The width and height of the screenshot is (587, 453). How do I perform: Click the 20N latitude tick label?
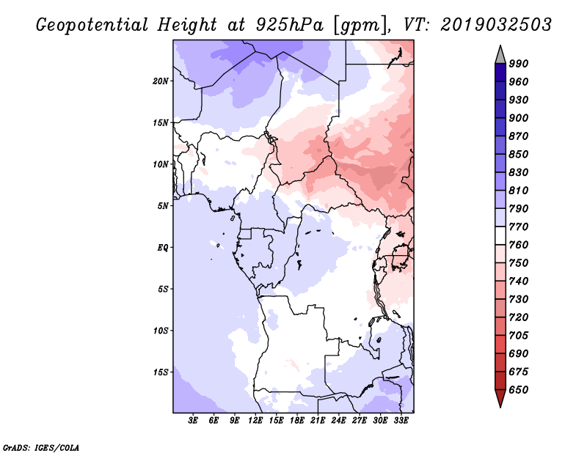tap(161, 81)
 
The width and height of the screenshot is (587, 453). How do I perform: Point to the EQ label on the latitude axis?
tap(162, 247)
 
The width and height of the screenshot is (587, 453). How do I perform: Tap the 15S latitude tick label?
tap(161, 372)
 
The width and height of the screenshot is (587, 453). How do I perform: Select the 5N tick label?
tap(163, 206)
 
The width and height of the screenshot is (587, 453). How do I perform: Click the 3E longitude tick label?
tap(194, 421)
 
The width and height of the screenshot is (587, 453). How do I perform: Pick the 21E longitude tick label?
tap(318, 421)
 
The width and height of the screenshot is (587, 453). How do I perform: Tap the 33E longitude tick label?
tap(401, 421)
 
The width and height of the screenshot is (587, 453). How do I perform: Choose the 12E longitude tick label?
tap(256, 421)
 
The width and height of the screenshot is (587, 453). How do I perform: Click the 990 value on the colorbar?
tap(519, 64)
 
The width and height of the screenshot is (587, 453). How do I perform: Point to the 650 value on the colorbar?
tap(519, 390)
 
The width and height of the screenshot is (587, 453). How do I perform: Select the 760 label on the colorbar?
tap(519, 245)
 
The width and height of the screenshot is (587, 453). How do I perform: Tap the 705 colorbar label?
tap(519, 336)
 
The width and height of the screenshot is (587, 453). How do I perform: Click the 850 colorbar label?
tap(519, 155)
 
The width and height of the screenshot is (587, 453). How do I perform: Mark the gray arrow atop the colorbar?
tap(500, 54)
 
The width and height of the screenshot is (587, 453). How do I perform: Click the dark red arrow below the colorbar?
tap(500, 399)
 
